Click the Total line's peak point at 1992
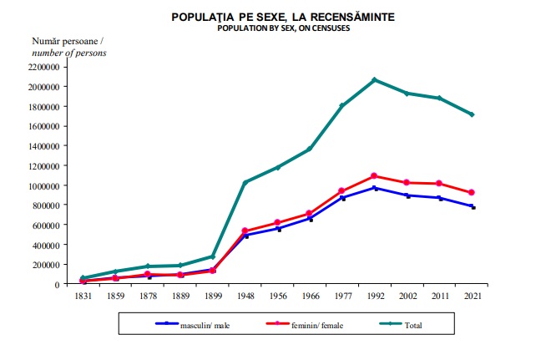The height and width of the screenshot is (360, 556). coord(374,80)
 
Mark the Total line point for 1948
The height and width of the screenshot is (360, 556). coord(245,182)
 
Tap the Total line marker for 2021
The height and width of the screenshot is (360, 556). coord(472,114)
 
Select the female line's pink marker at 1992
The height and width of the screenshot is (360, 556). coord(374,176)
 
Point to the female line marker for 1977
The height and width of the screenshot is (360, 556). coord(341,191)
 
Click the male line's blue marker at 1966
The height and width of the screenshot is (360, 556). coord(310,219)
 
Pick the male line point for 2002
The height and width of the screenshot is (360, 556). coord(407,195)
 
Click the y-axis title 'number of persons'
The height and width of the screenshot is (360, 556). coord(69,53)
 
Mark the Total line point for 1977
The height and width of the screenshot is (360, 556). coord(341,105)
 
